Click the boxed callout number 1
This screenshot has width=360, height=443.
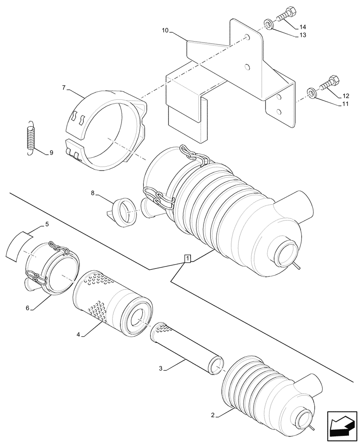188,259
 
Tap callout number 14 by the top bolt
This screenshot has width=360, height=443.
303,27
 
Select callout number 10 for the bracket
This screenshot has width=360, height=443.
165,31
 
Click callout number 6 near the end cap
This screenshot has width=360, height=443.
27,307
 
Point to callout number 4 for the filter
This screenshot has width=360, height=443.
78,335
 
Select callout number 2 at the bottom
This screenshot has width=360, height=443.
213,415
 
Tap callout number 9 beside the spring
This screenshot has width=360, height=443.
51,153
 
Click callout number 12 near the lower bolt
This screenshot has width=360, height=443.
346,96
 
